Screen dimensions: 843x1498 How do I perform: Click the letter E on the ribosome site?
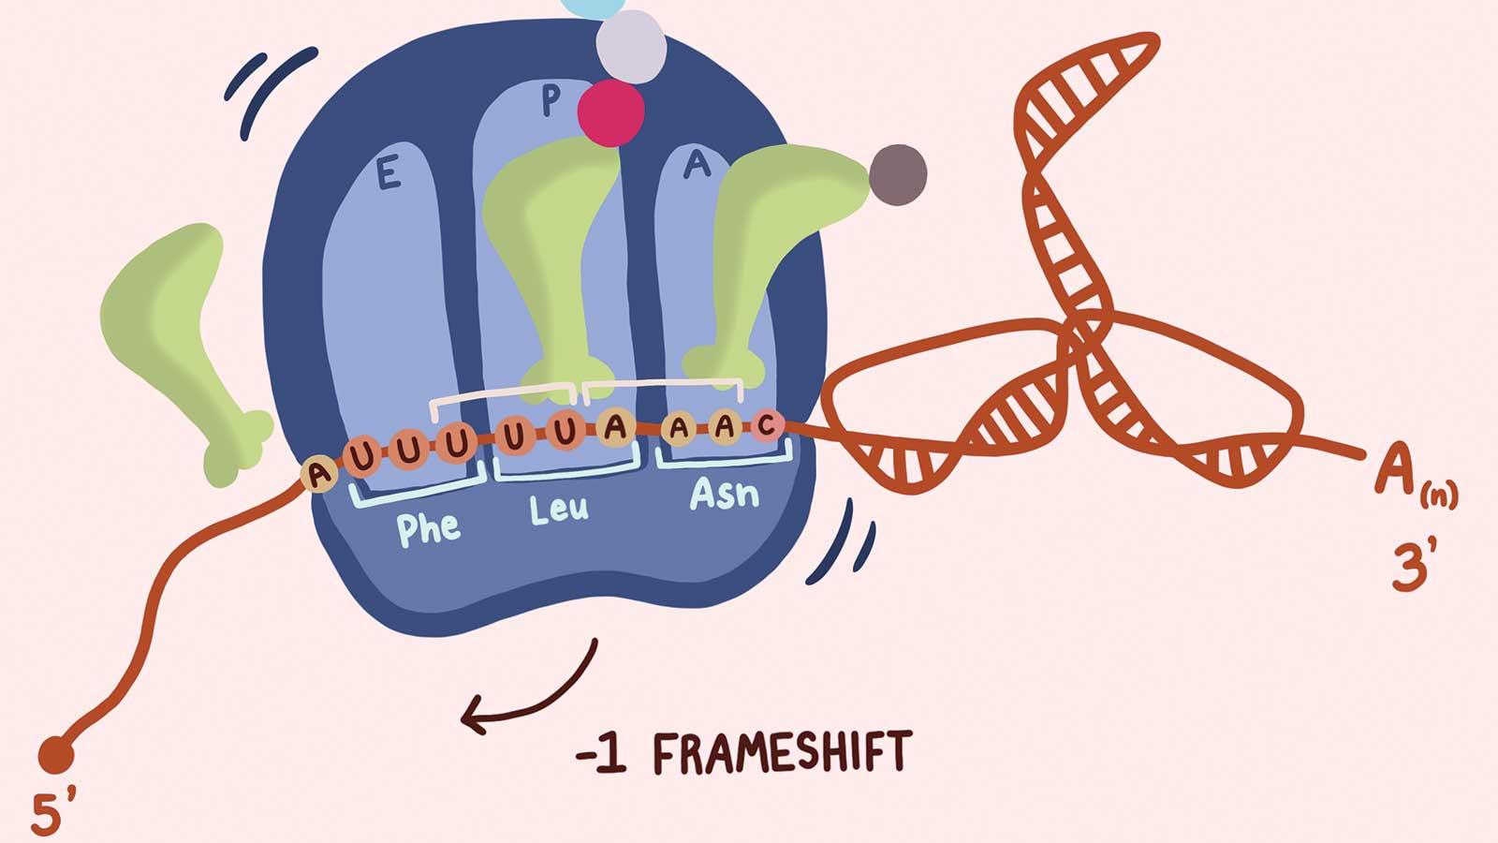point(389,175)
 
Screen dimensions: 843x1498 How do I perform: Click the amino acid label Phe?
point(429,528)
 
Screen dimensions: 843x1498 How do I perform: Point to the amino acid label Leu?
point(559,510)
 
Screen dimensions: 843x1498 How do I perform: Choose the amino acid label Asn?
point(724,494)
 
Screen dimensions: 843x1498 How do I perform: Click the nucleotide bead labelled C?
point(767,426)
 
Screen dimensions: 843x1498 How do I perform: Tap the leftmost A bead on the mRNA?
point(318,474)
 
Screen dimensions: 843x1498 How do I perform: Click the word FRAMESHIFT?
point(781,753)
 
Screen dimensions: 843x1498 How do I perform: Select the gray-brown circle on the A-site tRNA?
point(898,174)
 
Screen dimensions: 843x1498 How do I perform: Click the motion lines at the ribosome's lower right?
point(843,543)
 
